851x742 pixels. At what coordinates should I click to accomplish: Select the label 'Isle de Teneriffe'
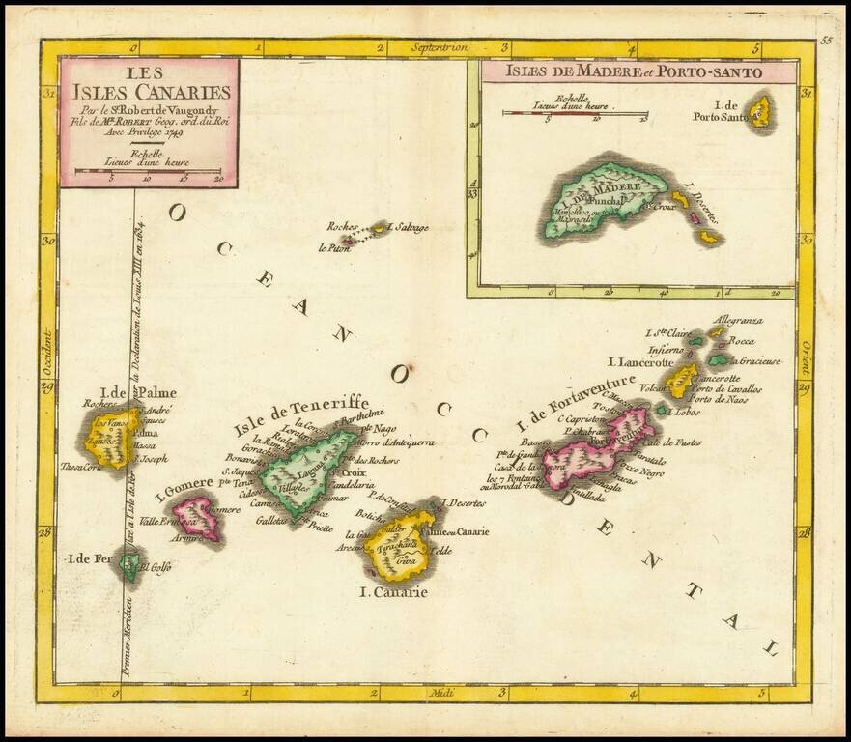click(299, 416)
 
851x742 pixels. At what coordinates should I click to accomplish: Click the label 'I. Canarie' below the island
click(392, 592)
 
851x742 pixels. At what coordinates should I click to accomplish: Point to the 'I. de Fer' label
click(89, 559)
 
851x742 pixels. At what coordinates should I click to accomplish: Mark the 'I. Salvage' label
click(408, 227)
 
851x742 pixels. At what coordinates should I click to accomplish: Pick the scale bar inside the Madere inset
click(574, 114)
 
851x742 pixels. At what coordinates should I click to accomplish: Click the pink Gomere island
click(200, 518)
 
